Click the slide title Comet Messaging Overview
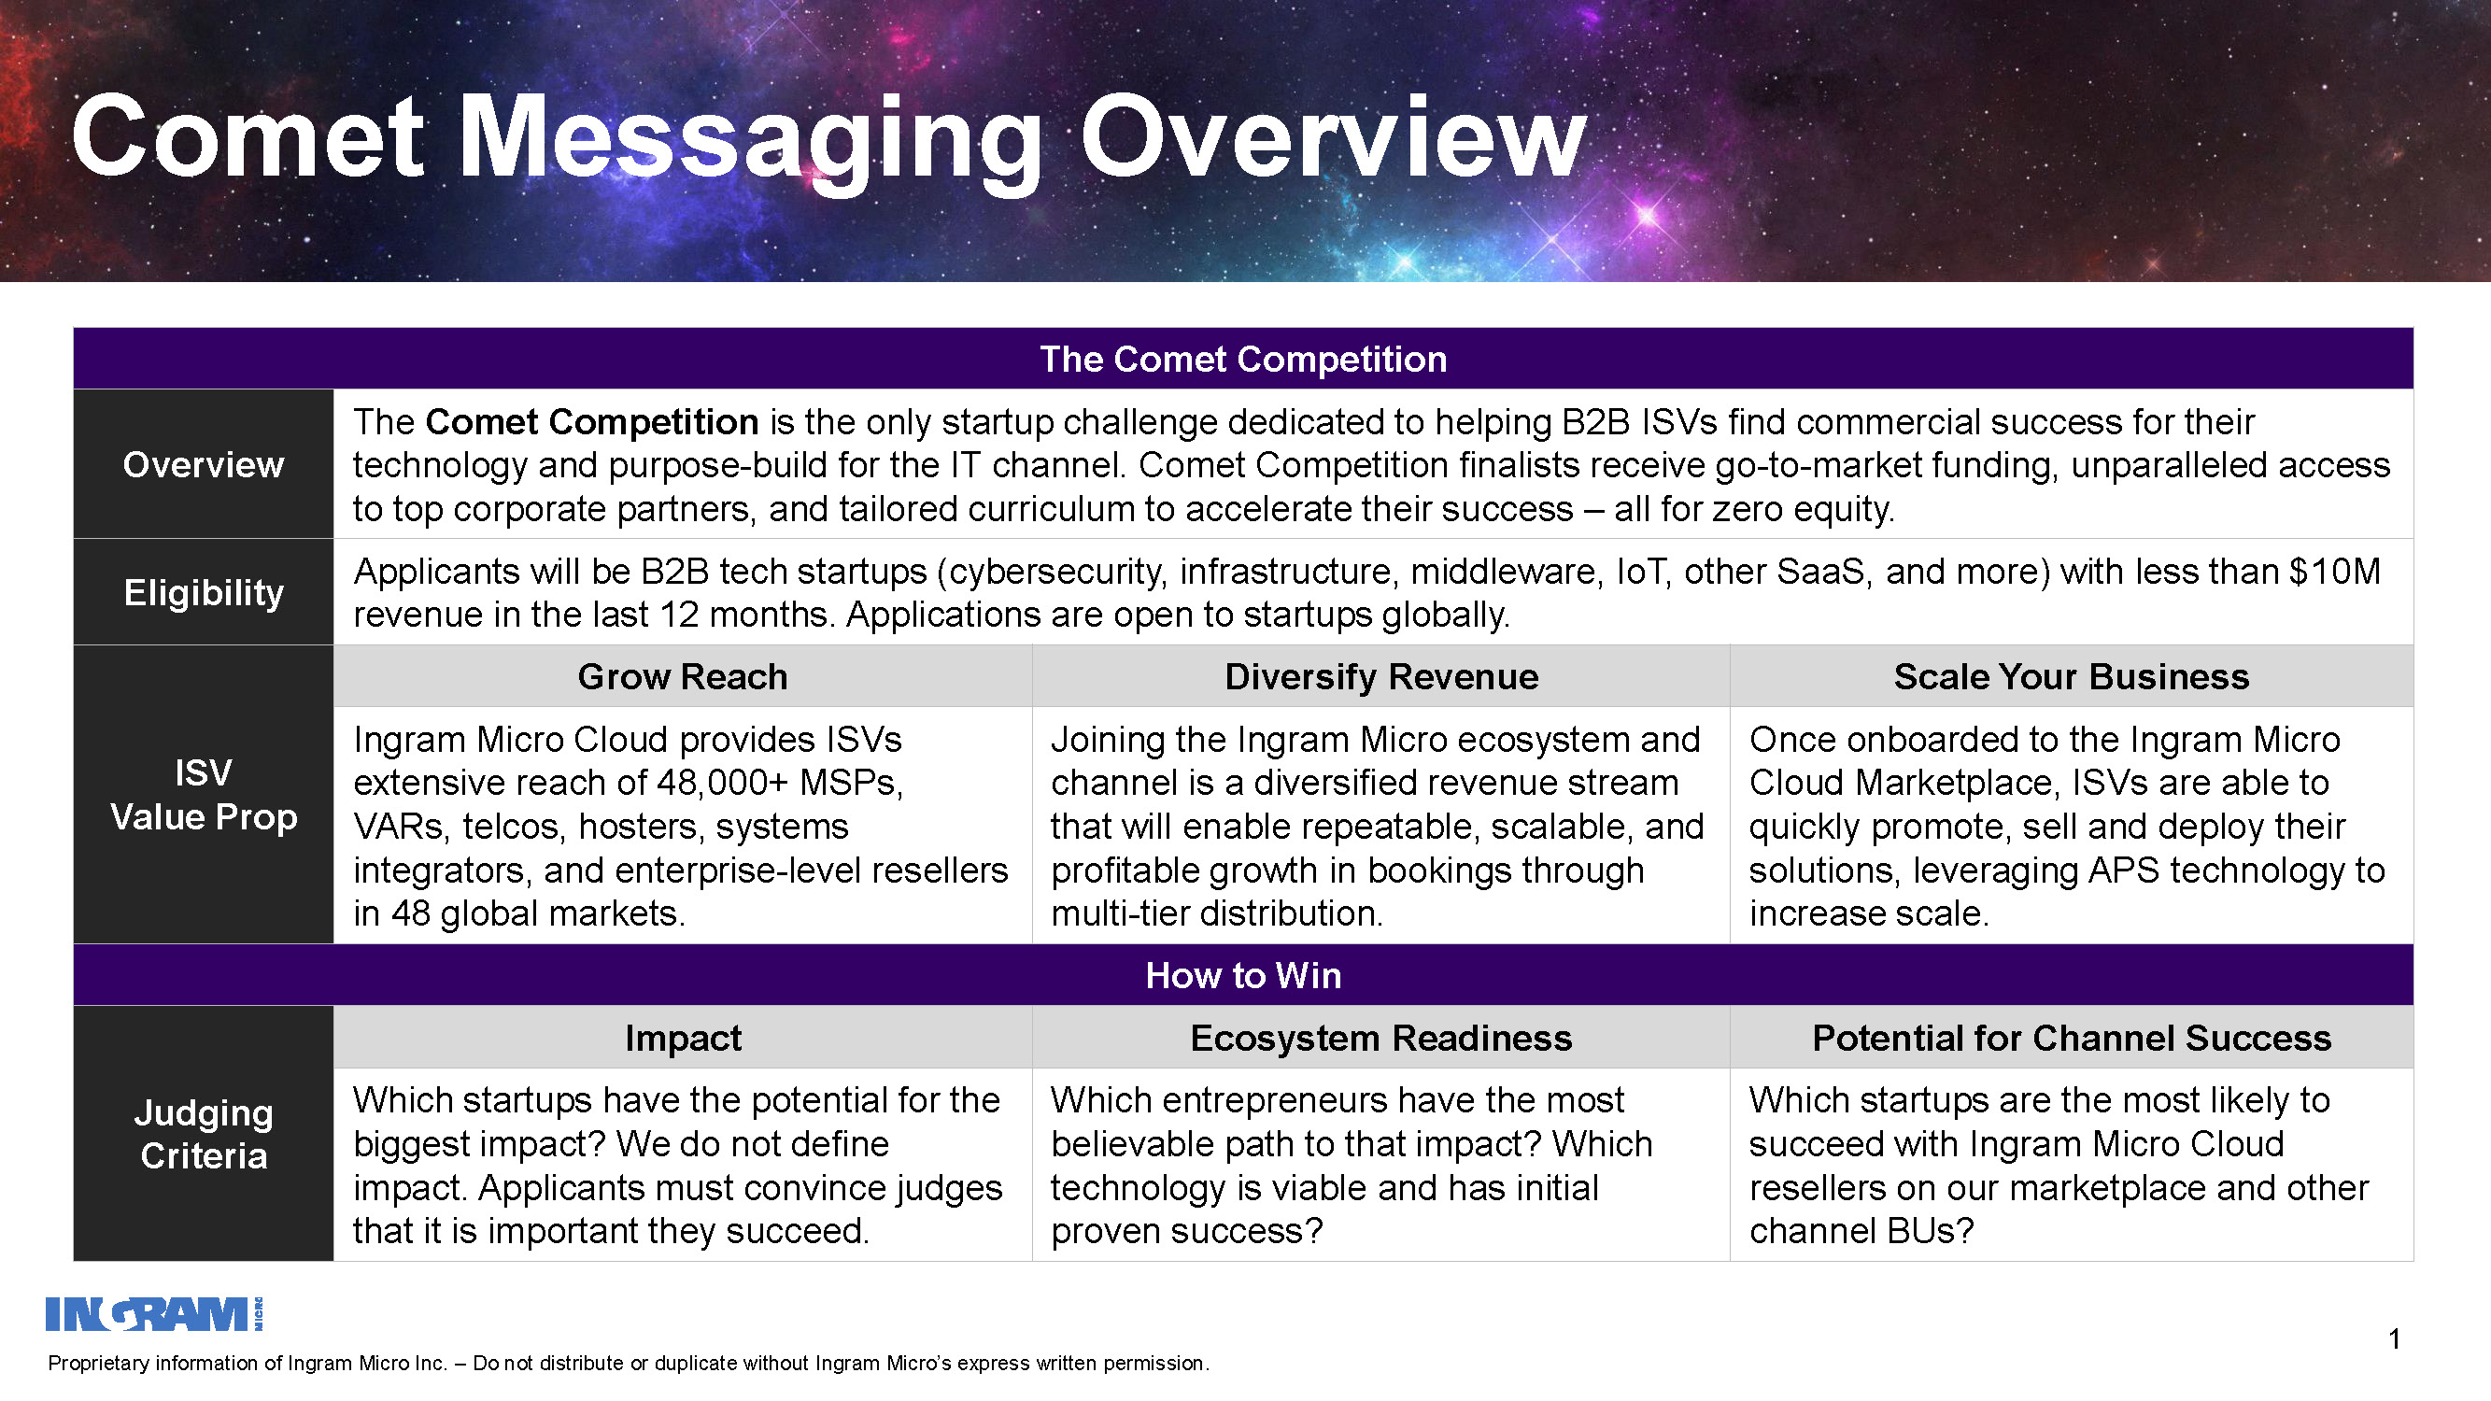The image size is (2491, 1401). click(828, 137)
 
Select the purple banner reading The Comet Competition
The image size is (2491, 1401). click(1243, 359)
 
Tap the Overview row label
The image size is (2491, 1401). click(204, 464)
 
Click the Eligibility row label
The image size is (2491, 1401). click(204, 592)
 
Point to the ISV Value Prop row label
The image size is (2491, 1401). click(204, 795)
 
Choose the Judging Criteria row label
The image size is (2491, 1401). click(204, 1133)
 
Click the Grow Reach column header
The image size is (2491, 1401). click(683, 676)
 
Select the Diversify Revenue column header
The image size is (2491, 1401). click(1380, 676)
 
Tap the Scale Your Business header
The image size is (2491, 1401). click(2072, 676)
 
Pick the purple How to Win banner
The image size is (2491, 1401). click(1243, 974)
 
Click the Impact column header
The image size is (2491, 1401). click(683, 1038)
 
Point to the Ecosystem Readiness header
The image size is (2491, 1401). click(1380, 1038)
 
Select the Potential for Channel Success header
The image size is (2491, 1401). click(2072, 1038)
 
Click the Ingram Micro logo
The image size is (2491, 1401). click(155, 1314)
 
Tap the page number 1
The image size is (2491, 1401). click(2394, 1339)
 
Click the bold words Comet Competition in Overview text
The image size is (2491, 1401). click(592, 422)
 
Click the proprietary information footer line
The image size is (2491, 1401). click(629, 1364)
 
